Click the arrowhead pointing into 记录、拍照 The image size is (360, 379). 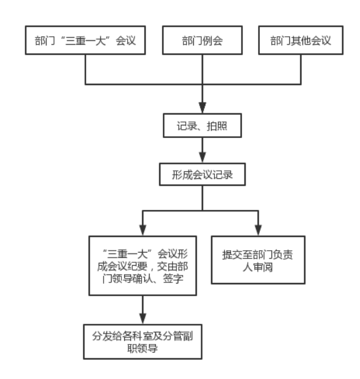pos(202,108)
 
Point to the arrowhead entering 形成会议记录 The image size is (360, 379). pos(202,158)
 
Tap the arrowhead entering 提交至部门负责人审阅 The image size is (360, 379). pos(258,231)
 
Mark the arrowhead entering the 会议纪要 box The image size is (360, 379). pos(143,231)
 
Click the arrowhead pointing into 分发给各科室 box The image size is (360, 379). pos(143,319)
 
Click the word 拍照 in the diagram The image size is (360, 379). pos(217,126)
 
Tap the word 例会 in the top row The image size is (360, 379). pos(213,41)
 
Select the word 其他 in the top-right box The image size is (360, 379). pos(301,41)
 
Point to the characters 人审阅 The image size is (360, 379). pos(258,267)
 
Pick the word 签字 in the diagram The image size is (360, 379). pos(173,278)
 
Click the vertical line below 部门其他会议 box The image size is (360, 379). pos(301,70)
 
